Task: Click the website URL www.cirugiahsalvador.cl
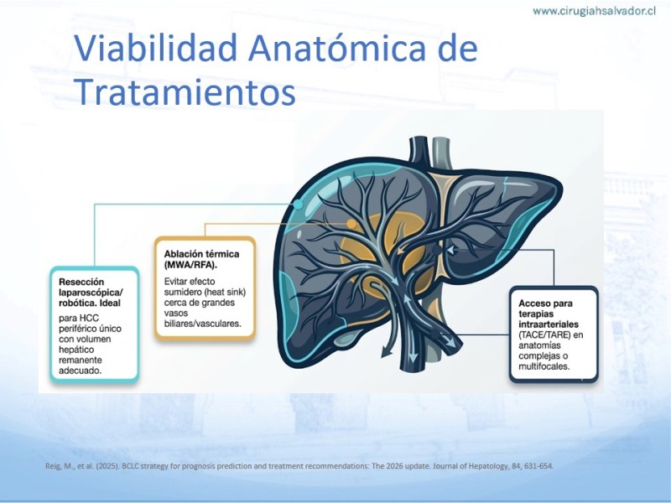click(594, 11)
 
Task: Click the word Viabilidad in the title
click(155, 48)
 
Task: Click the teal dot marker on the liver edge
click(299, 204)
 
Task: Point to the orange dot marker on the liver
click(351, 223)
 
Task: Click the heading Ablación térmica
click(201, 254)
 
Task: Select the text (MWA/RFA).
click(190, 265)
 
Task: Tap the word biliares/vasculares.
click(202, 324)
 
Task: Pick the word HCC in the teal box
click(89, 319)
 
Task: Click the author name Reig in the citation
click(53, 466)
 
